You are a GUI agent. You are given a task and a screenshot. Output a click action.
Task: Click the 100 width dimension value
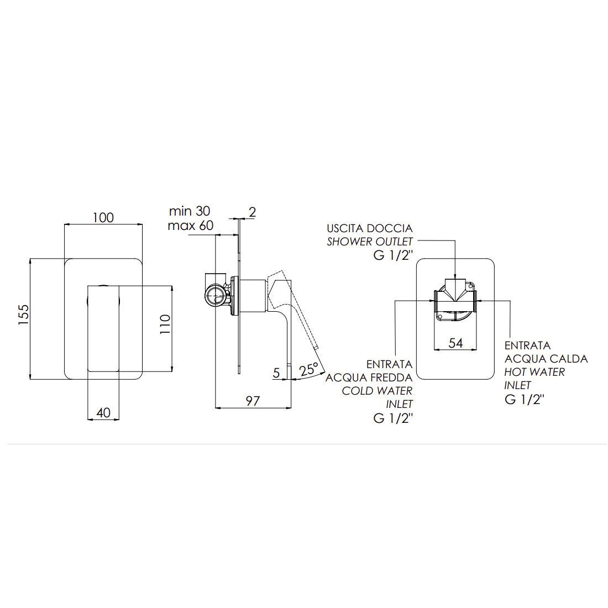[x=103, y=217]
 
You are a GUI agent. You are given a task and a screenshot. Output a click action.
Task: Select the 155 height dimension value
[x=23, y=315]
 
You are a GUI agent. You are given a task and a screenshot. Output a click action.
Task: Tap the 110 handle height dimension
[x=165, y=325]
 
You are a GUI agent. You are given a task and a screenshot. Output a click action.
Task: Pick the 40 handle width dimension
[x=103, y=412]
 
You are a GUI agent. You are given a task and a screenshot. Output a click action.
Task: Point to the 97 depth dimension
[x=253, y=401]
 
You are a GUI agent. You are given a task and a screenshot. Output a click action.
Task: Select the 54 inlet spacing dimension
[x=455, y=343]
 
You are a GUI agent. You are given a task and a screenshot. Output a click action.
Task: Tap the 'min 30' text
[x=190, y=211]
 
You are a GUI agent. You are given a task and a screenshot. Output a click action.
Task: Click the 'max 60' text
[x=190, y=226]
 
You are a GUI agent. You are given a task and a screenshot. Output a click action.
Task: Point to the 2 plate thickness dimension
[x=253, y=212]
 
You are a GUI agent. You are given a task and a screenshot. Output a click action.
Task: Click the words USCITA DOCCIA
[x=370, y=228]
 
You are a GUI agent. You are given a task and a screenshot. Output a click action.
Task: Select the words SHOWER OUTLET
[x=370, y=242]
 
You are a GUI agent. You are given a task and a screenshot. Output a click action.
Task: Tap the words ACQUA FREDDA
[x=369, y=377]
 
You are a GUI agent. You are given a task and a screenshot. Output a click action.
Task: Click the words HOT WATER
[x=534, y=372]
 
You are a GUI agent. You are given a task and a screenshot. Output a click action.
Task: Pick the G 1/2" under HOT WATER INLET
[x=525, y=400]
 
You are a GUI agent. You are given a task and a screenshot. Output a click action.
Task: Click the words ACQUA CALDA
[x=546, y=359]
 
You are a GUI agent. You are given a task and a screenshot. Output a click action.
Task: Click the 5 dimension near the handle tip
[x=276, y=373]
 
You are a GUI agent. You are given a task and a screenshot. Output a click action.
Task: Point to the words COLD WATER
[x=377, y=390]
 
